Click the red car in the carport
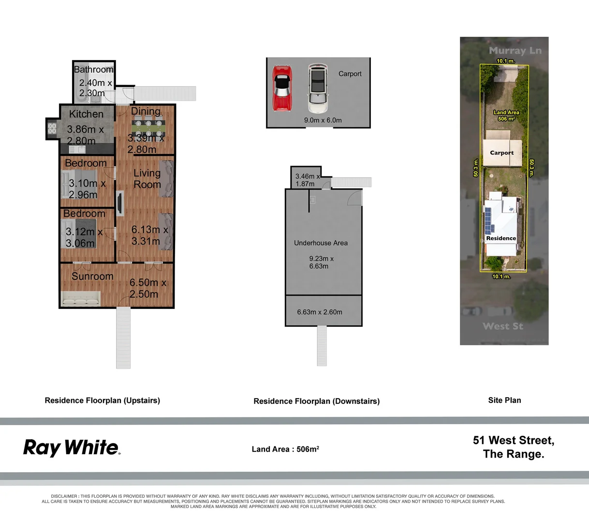coord(282,88)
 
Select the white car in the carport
coord(317,88)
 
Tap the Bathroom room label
coord(93,70)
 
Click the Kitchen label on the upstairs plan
coord(86,114)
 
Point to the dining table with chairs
coord(148,128)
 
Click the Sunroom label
coord(92,277)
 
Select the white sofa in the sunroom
coord(81,299)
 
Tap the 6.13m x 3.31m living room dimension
coord(149,235)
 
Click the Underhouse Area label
coord(321,243)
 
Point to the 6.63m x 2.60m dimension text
coord(320,312)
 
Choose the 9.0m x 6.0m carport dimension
coord(323,120)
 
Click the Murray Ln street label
coord(515,50)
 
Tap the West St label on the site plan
coord(503,326)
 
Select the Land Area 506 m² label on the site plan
coord(506,115)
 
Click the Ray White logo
coord(72,448)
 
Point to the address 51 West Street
coord(513,441)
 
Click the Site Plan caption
coord(504,400)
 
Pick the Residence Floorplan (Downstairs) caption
coord(316,401)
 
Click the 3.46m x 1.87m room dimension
coord(308,180)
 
